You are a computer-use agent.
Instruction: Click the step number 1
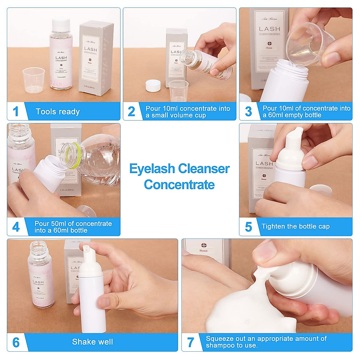tap(16, 111)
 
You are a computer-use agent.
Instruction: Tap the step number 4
tap(16, 227)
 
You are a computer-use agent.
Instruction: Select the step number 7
tap(190, 342)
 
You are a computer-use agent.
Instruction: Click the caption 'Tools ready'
tap(58, 112)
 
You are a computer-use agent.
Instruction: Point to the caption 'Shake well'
tap(92, 342)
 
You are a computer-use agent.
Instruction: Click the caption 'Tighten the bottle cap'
tap(295, 226)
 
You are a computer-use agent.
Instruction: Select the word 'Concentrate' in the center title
tap(179, 184)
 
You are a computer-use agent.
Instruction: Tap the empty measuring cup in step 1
tap(34, 79)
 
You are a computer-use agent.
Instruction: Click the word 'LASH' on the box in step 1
tap(91, 49)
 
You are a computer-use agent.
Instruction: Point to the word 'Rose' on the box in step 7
tap(203, 250)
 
